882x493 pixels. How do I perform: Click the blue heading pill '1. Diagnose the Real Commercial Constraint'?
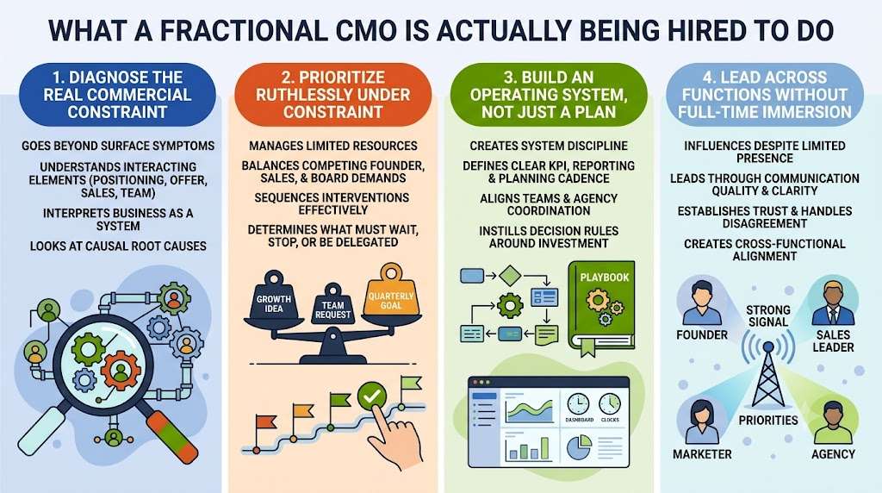coord(117,95)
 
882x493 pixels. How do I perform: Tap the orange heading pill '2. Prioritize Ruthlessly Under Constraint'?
coord(333,95)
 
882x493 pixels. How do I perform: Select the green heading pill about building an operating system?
coord(549,95)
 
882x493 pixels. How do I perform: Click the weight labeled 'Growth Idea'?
coord(274,298)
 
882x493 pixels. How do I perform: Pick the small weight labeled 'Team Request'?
coord(333,306)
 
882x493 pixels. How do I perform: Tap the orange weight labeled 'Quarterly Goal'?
coord(391,291)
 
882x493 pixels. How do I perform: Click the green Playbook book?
coord(601,308)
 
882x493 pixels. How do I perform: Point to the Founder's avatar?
coord(701,302)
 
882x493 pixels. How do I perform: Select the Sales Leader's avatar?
coord(833,303)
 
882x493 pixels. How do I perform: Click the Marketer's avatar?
coord(701,421)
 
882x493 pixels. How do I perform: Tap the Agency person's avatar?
coord(833,422)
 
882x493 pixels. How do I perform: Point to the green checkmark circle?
coord(372,396)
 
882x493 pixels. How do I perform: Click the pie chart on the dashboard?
coord(578,446)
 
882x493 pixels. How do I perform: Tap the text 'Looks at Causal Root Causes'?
coord(118,246)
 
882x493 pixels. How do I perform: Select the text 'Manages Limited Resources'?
coord(333,146)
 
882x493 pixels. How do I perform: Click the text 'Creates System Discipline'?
coord(549,146)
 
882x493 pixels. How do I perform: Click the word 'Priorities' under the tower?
coord(767,421)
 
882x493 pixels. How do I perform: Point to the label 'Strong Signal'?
coord(767,315)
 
